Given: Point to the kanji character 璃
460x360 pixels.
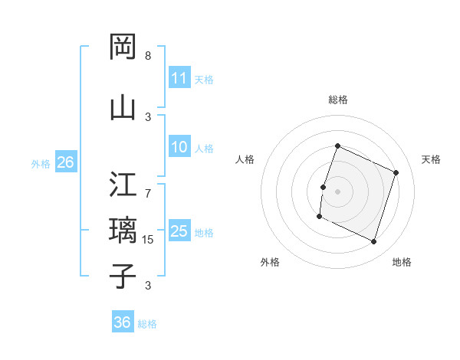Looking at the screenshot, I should coord(123,230).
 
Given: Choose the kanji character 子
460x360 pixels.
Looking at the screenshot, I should coord(123,276).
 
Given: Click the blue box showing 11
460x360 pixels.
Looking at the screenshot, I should coord(179,79).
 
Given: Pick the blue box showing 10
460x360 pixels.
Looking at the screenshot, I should coord(179,148).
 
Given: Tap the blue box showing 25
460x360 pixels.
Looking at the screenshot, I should coord(179,232).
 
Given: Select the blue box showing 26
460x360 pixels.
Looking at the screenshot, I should coord(65,162).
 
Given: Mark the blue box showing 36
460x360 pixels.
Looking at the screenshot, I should coord(122,322).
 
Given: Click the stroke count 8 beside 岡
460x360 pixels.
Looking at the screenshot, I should coord(148,56).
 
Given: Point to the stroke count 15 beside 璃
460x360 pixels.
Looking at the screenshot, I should coord(149,240).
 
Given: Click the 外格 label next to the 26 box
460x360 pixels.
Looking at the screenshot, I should coord(41,163).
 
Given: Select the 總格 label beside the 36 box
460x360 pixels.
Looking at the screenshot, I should coord(147,323).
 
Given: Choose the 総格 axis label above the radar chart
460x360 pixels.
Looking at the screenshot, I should coord(337,100).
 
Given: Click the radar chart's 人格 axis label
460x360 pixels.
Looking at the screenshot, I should coord(245,159).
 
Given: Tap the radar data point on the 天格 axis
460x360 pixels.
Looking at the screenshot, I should coord(396,173).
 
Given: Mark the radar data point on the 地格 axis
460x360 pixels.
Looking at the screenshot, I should coord(374,242).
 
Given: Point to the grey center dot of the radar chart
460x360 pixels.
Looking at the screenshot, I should coord(337,191).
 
